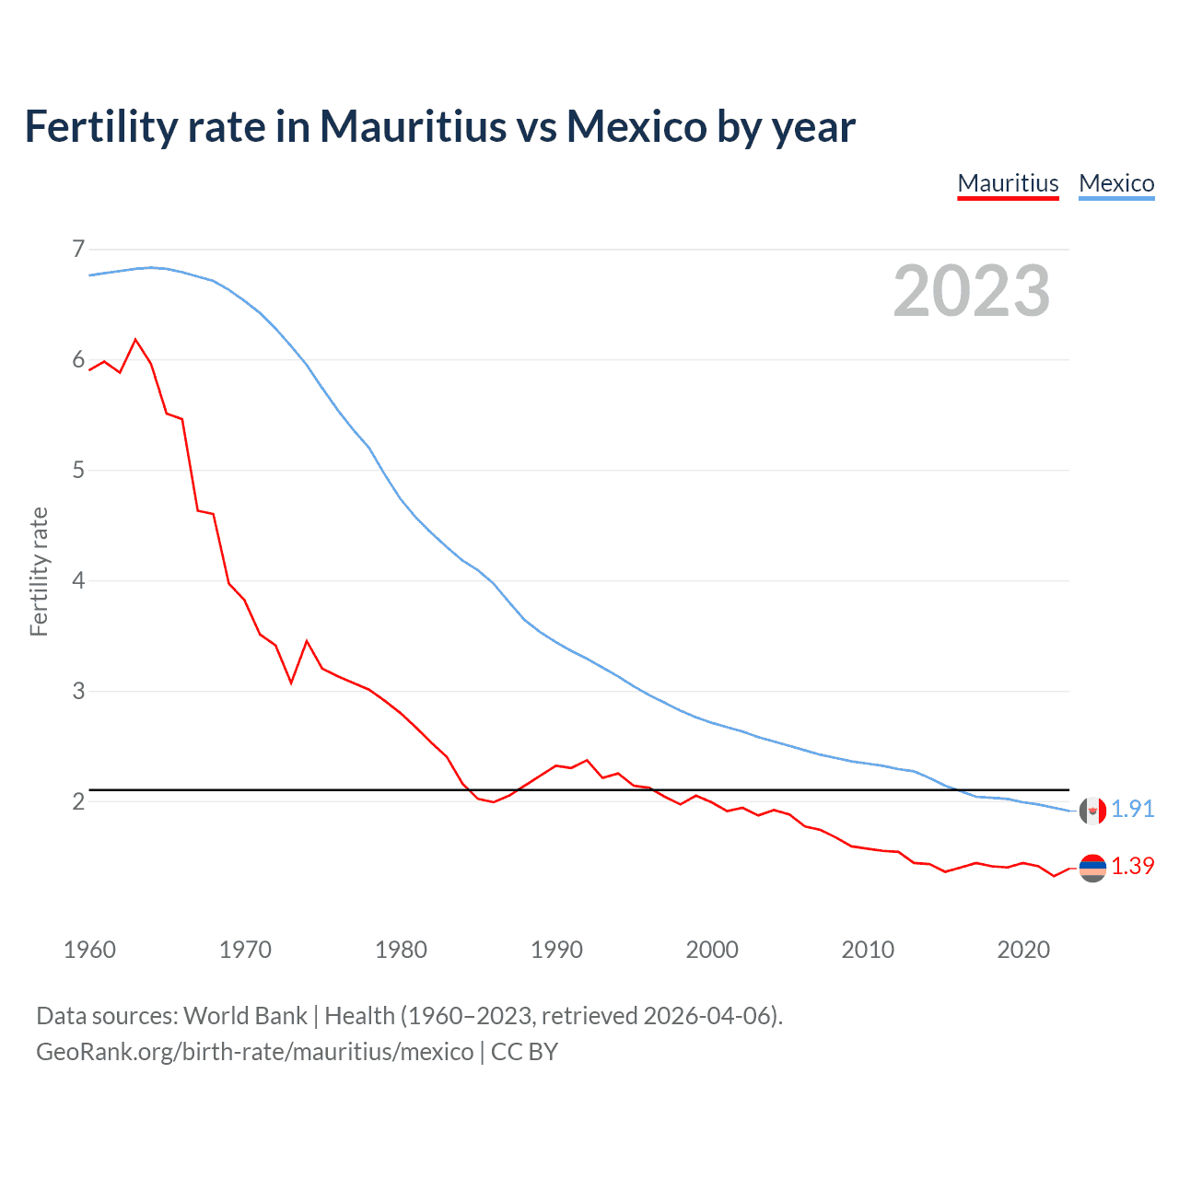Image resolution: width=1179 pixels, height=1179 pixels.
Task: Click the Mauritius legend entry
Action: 1008,183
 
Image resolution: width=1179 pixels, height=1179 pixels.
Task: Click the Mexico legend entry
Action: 1116,183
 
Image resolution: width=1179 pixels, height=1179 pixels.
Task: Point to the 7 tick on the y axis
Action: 78,249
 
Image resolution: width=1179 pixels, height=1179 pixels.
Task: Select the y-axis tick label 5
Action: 78,471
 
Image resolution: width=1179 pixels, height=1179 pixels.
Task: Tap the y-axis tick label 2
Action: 78,801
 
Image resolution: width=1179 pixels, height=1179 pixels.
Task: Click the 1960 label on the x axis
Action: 89,950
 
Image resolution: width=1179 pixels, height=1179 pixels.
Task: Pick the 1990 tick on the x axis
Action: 556,950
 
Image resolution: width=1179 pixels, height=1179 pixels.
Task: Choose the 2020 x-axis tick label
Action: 1023,950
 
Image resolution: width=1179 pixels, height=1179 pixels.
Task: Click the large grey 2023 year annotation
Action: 971,291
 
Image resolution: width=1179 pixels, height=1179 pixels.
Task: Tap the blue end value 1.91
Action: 1132,809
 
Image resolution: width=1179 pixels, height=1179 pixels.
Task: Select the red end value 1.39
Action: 1132,866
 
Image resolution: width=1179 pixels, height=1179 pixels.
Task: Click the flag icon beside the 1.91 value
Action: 1092,811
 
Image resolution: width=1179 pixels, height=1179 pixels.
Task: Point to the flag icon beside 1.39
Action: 1092,868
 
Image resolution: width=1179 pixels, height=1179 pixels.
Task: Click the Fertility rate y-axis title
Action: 39,571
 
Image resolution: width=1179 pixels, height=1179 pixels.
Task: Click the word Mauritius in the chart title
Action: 413,126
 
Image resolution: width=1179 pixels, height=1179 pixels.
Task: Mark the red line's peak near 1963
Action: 136,340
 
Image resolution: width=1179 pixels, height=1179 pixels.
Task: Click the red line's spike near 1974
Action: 307,641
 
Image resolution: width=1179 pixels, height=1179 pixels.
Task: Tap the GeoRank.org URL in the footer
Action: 254,1052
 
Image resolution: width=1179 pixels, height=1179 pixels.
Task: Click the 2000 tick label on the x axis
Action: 712,950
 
